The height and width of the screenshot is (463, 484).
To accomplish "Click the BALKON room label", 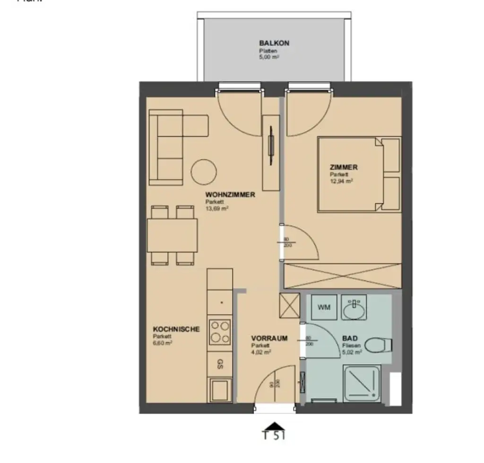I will pos(274,43).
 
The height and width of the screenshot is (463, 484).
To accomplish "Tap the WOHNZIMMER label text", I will pos(230,194).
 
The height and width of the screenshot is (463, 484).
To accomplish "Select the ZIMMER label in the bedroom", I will pos(344,167).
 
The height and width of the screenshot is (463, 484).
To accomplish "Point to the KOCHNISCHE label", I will pos(170,329).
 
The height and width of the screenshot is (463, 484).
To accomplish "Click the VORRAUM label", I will pos(269,338).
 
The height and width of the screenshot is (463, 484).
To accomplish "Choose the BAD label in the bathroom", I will pos(350,338).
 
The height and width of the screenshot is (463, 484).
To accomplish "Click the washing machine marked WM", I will pos(324,308).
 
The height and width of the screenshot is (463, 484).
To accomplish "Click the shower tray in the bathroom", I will pos(363,384).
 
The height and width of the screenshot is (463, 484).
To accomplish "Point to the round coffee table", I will pos(204,172).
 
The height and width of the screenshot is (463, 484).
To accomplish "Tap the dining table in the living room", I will pos(172,235).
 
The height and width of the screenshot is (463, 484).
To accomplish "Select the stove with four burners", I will pos(220,331).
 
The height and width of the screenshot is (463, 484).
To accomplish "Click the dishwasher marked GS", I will pos(220,363).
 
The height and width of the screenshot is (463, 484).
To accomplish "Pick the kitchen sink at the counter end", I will pos(220,389).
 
